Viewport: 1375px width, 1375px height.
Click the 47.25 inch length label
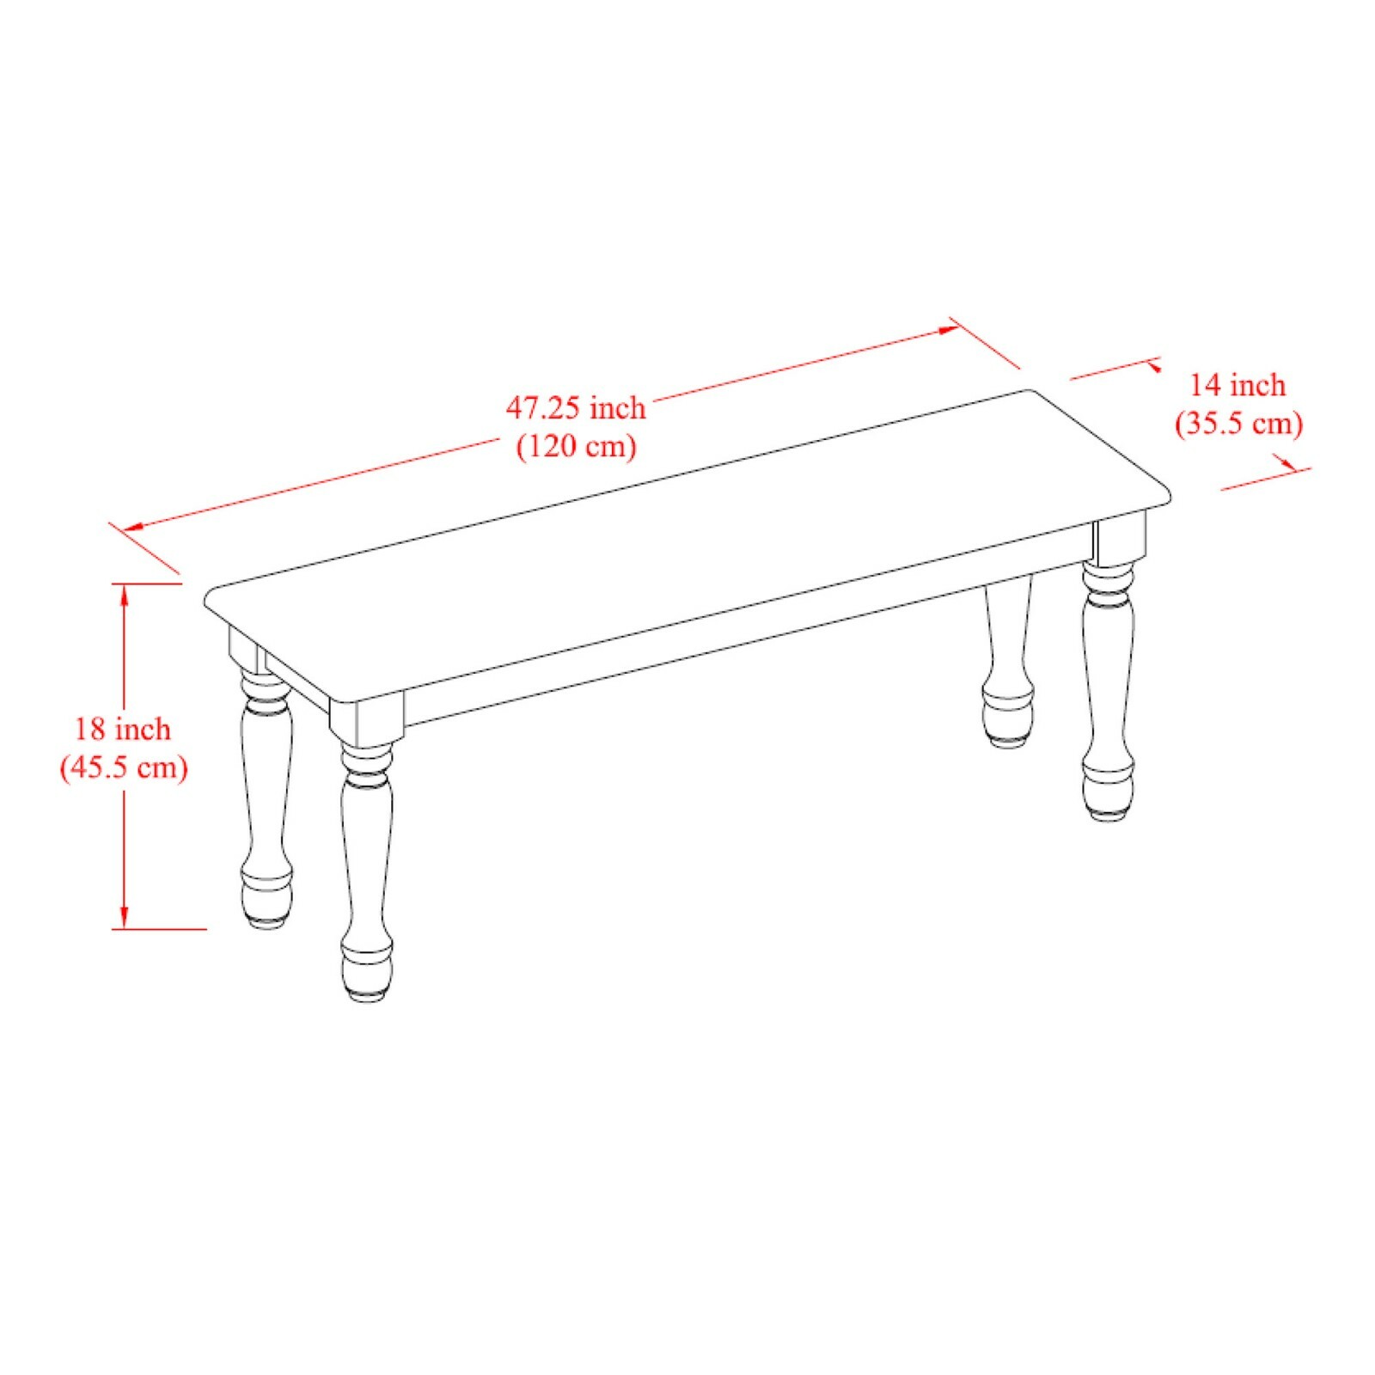[x=575, y=407]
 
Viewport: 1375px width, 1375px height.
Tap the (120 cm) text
[x=576, y=446]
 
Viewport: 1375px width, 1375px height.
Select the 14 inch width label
[x=1237, y=385]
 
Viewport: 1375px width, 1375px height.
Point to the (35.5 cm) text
[x=1238, y=424]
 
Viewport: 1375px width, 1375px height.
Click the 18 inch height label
[x=123, y=730]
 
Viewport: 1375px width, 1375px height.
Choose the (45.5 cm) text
[x=124, y=767]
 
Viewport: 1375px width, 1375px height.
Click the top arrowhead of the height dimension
[x=125, y=593]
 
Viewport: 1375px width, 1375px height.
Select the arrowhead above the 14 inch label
[x=1152, y=365]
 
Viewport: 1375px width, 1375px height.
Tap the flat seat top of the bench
[x=687, y=541]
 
